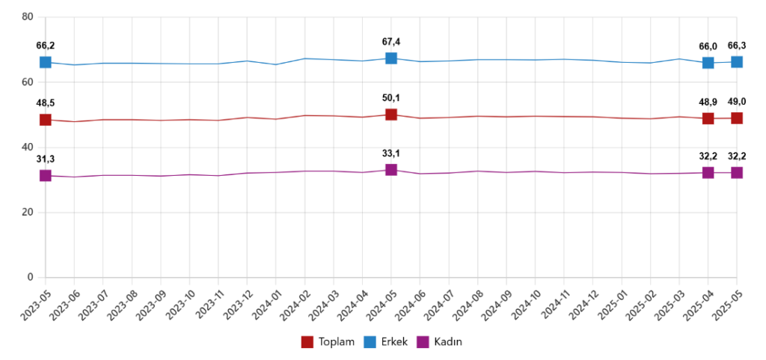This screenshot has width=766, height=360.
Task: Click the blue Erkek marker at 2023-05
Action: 46,62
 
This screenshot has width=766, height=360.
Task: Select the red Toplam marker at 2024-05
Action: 391,115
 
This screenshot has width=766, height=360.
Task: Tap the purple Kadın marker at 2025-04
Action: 708,173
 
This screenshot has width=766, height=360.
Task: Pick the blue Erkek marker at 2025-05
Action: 737,61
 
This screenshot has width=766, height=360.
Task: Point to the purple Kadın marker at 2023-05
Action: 46,176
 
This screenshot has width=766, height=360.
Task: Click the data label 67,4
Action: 391,42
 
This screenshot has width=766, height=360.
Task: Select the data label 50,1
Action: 391,98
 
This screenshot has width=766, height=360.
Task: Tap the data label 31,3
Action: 46,159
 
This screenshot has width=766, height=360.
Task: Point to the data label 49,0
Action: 737,102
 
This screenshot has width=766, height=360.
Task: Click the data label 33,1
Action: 391,154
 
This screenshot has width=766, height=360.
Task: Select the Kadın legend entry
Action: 445,342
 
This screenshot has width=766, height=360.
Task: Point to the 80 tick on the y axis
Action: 28,16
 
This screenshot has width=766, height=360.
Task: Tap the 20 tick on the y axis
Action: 28,213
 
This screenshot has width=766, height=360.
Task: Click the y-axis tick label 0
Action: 31,278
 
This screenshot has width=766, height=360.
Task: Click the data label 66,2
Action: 46,46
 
